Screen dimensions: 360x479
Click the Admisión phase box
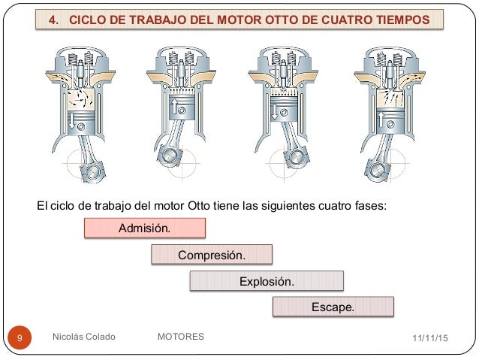coord(144,228)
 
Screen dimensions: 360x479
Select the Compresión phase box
coord(211,255)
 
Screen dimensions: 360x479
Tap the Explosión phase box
coord(266,282)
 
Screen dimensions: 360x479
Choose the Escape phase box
coord(333,307)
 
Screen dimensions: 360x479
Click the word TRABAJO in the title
coord(160,18)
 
